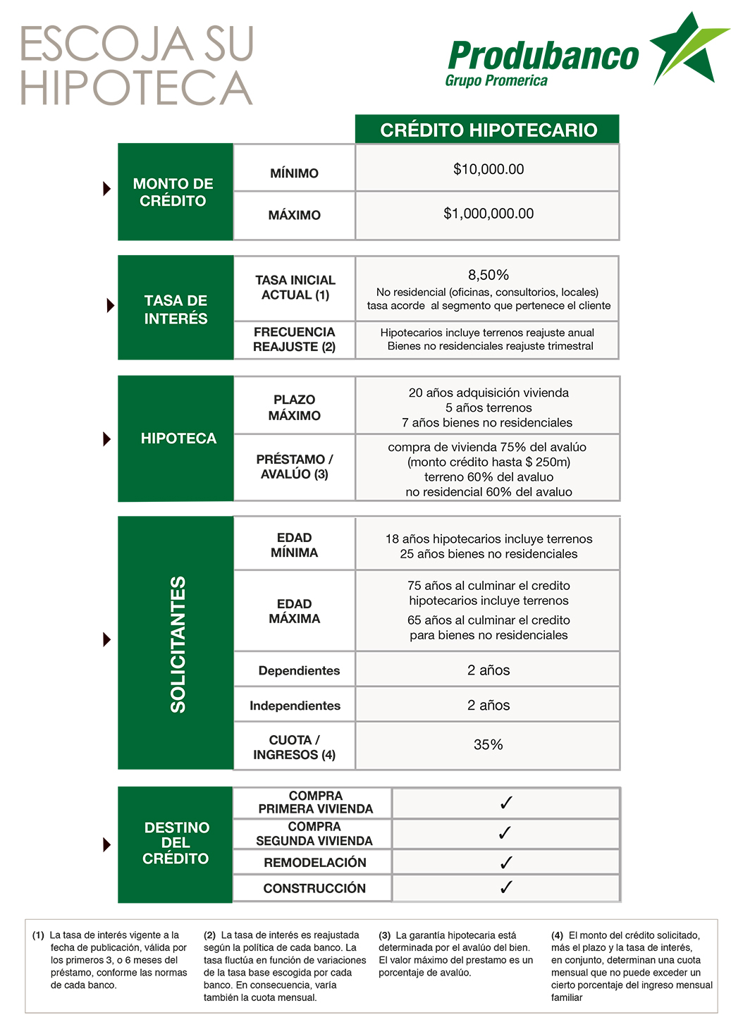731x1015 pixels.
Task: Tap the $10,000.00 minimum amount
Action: click(x=489, y=169)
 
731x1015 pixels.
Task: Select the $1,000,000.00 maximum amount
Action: click(x=489, y=214)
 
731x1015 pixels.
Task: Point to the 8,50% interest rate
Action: click(x=489, y=275)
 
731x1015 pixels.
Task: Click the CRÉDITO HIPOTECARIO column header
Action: click(x=488, y=130)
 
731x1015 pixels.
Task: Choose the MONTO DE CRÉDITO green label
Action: click(x=173, y=192)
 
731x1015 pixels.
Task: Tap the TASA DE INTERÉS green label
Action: click(x=176, y=309)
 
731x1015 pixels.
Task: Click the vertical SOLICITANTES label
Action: click(x=178, y=644)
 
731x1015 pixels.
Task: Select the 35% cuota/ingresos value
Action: click(x=488, y=745)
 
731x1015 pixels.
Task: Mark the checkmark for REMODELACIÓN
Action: click(x=505, y=863)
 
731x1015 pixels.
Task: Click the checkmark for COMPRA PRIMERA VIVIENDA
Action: click(x=505, y=803)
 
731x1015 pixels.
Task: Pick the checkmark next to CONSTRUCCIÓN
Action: click(x=505, y=888)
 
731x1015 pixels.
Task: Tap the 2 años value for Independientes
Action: click(x=488, y=706)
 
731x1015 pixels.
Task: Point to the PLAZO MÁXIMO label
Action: click(x=294, y=407)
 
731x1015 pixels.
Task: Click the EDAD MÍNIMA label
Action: click(x=294, y=545)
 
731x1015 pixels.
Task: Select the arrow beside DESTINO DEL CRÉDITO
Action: click(x=107, y=844)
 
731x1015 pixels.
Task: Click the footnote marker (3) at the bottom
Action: click(x=385, y=935)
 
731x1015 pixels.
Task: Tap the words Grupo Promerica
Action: click(x=496, y=81)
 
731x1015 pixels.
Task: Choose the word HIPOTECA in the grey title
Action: click(x=137, y=88)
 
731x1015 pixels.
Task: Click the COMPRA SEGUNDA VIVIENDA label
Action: click(x=314, y=834)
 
